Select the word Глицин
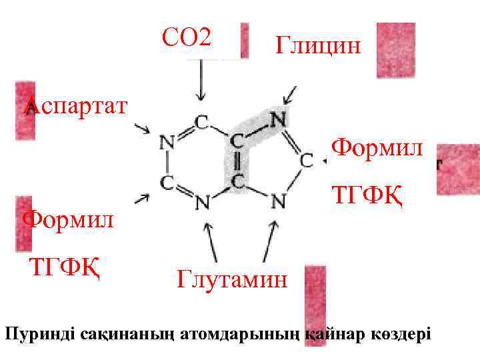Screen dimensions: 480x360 [x=317, y=46]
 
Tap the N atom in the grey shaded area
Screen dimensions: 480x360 [x=279, y=120]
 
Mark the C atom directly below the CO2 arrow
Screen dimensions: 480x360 [x=201, y=122]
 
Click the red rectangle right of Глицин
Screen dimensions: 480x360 [x=395, y=50]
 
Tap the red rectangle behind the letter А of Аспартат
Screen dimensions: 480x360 [x=26, y=110]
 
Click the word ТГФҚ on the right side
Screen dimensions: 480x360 [x=367, y=196]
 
